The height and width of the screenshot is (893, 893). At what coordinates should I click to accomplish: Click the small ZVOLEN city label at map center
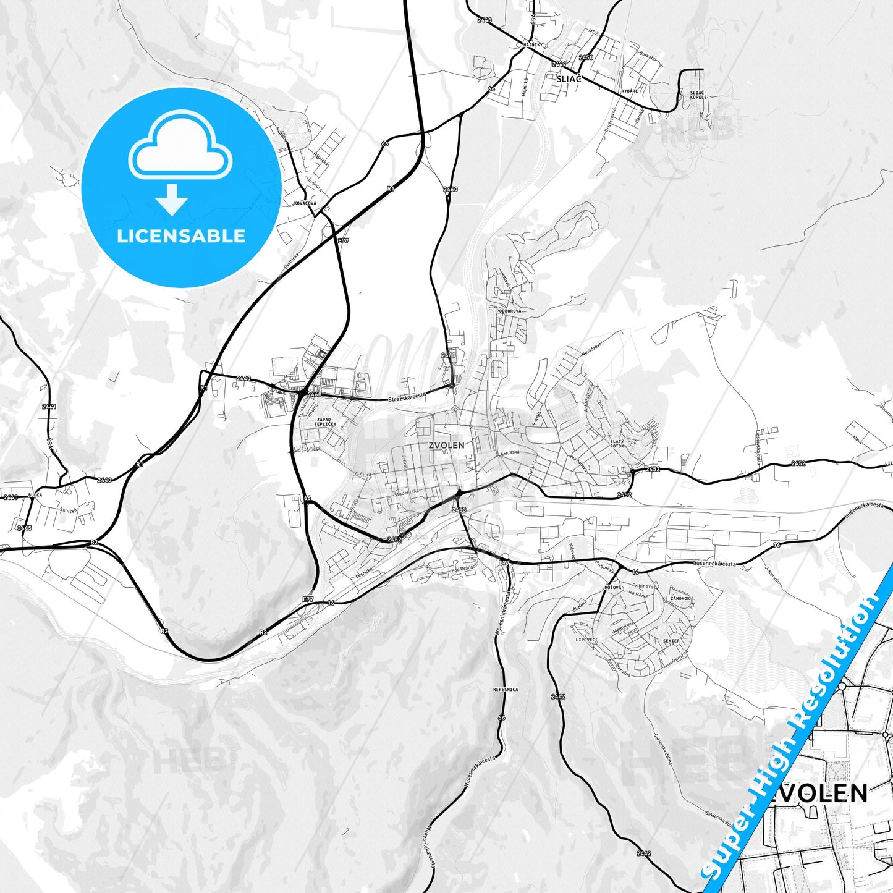click(x=446, y=444)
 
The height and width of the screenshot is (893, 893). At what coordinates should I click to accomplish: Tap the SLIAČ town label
click(x=569, y=79)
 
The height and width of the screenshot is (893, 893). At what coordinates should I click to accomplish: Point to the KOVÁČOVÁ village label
click(x=305, y=203)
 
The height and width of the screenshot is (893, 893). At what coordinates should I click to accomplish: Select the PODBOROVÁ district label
click(x=509, y=311)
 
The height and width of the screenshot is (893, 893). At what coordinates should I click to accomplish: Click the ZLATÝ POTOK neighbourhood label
click(x=617, y=444)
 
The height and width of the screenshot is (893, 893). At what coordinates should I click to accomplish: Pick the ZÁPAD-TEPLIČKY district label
click(x=325, y=423)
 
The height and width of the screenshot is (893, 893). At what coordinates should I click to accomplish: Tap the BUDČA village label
click(x=35, y=495)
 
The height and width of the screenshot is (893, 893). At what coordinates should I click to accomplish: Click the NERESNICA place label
click(x=506, y=689)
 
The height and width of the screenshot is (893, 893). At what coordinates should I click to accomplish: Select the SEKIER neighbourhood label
click(x=671, y=641)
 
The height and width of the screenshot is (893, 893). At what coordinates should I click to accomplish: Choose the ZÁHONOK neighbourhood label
click(x=680, y=599)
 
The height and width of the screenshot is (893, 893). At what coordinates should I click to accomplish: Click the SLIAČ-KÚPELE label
click(x=698, y=95)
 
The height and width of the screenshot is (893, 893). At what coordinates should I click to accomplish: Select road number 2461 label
click(x=49, y=407)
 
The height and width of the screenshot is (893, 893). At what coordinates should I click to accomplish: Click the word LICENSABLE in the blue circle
click(x=181, y=236)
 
